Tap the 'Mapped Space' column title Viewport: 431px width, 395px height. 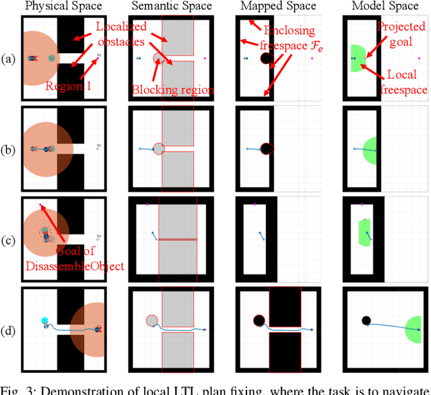click(277, 7)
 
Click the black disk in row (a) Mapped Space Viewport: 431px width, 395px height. click(265, 59)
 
